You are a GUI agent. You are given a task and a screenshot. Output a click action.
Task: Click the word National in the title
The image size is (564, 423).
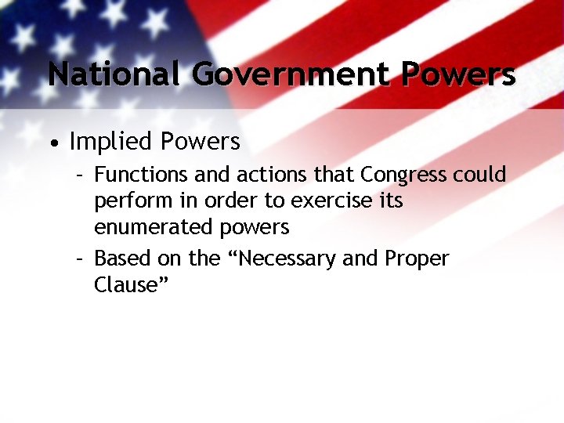pyautogui.click(x=116, y=74)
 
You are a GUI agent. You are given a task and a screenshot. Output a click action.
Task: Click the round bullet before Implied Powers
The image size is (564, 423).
pyautogui.click(x=52, y=143)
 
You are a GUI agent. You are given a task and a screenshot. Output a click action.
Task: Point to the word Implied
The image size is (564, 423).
pyautogui.click(x=109, y=142)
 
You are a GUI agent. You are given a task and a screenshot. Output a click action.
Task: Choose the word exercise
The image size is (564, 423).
pyautogui.click(x=330, y=201)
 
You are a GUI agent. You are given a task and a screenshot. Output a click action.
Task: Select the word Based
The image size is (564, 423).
pyautogui.click(x=118, y=258)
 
